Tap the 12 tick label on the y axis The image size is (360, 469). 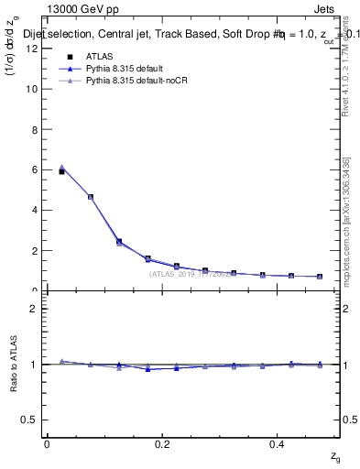[33, 49]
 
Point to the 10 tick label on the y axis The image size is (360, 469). [33, 89]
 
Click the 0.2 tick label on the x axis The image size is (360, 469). [163, 444]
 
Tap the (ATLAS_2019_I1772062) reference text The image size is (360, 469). [191, 274]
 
